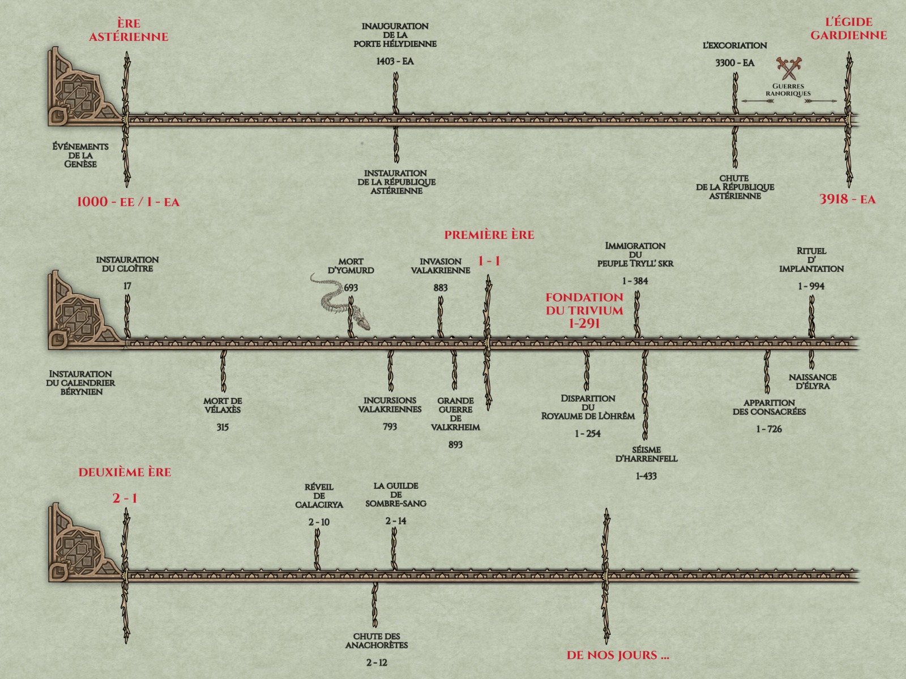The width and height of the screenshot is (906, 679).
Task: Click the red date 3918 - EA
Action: [x=847, y=199]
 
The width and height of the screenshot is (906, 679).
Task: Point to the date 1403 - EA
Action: [x=395, y=61]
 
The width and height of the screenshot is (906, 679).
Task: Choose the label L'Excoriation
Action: [x=734, y=45]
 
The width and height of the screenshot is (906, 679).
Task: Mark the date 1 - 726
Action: [x=768, y=429]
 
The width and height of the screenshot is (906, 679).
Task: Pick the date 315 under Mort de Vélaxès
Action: [x=222, y=427]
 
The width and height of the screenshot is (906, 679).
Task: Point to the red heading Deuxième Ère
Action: [x=125, y=472]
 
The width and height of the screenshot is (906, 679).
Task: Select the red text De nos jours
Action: [x=618, y=656]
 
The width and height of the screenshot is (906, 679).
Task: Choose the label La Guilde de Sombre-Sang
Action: [x=396, y=495]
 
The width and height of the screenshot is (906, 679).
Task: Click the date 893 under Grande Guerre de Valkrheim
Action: [x=455, y=445]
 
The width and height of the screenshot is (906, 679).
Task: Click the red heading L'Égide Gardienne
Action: [x=848, y=29]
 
